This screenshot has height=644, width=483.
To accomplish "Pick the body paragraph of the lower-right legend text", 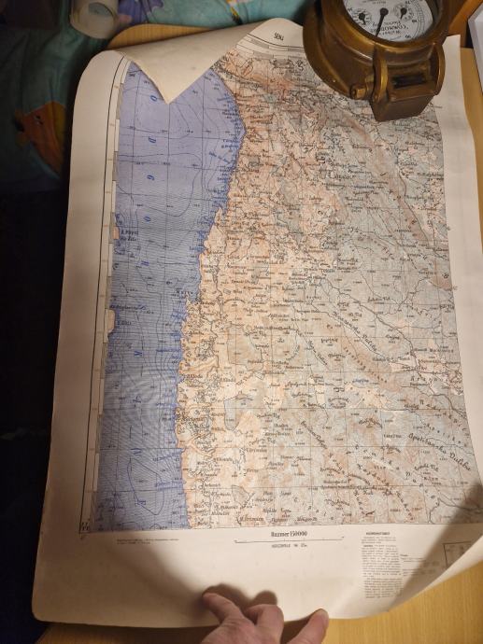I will (x=382, y=569).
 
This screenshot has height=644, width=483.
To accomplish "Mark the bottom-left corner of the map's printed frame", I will (x=92, y=529).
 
